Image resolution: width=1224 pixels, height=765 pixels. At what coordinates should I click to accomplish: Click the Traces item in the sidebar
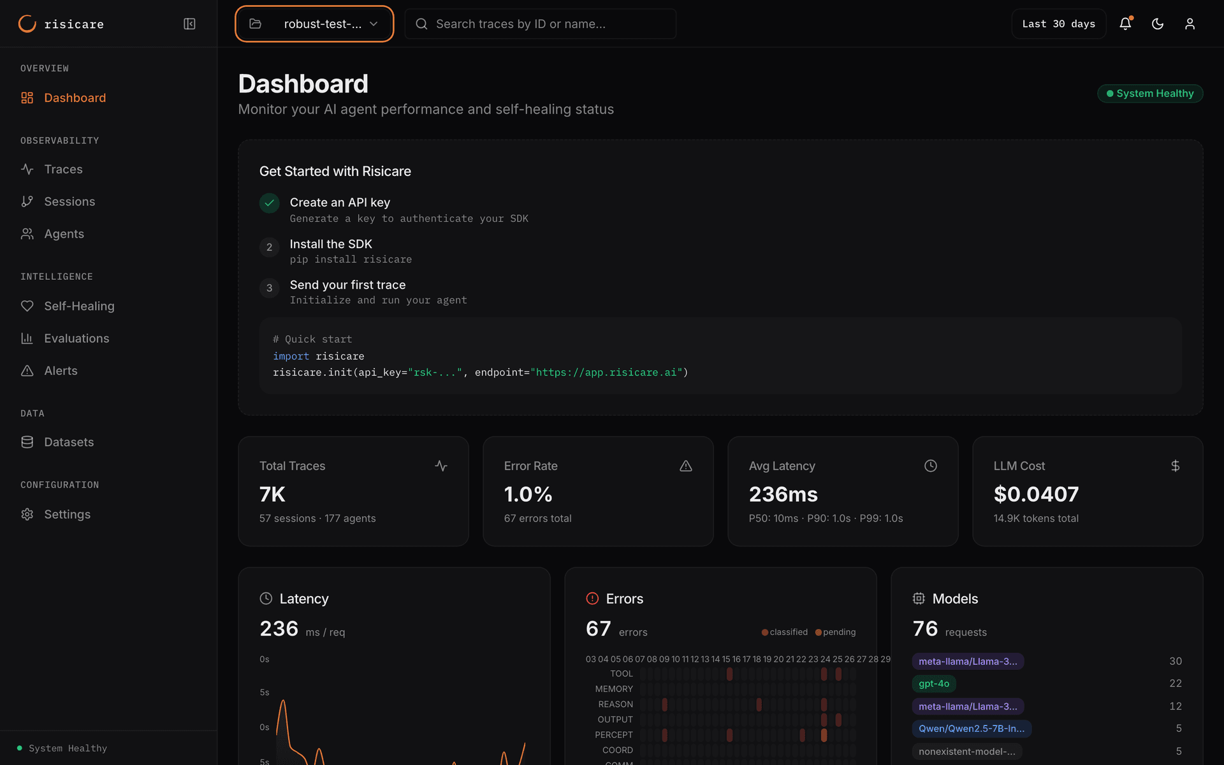63,169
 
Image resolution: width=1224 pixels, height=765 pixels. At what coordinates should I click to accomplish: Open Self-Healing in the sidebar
79,306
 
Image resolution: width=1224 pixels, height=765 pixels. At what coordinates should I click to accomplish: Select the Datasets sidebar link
68,442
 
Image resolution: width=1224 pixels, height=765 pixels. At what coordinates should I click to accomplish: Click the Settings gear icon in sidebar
27,514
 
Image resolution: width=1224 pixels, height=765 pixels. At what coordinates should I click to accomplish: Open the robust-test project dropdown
314,24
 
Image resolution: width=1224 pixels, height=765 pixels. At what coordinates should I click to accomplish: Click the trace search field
541,24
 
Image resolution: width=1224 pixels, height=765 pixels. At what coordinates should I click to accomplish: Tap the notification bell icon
1125,24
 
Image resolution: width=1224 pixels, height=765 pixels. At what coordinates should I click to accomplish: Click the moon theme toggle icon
1158,24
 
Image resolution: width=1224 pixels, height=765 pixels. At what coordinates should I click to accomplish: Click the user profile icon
1190,24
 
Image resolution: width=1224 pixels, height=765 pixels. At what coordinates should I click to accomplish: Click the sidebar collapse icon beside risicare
189,24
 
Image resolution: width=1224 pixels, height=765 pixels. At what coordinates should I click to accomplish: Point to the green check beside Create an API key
269,203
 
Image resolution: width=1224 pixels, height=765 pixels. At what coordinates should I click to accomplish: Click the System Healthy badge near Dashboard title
1150,93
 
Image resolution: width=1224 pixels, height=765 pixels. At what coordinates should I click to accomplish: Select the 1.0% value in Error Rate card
528,494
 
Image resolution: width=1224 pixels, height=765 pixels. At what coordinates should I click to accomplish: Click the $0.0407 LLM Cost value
1036,494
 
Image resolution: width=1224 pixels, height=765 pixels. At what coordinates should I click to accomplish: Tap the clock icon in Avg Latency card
930,466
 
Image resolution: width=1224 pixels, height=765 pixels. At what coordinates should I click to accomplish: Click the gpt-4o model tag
933,683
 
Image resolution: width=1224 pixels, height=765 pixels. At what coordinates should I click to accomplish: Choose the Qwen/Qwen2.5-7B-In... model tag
971,728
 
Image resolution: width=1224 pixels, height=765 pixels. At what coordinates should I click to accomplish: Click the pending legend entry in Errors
836,632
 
